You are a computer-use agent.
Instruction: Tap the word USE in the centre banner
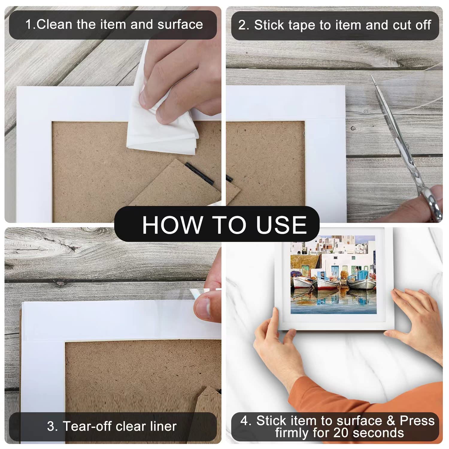click(x=282, y=225)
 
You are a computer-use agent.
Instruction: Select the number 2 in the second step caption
click(x=242, y=25)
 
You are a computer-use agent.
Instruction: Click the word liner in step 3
click(x=163, y=426)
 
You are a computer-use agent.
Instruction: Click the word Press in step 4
click(x=417, y=421)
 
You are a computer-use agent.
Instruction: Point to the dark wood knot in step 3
click(x=60, y=283)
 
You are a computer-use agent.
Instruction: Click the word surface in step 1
click(x=180, y=25)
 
